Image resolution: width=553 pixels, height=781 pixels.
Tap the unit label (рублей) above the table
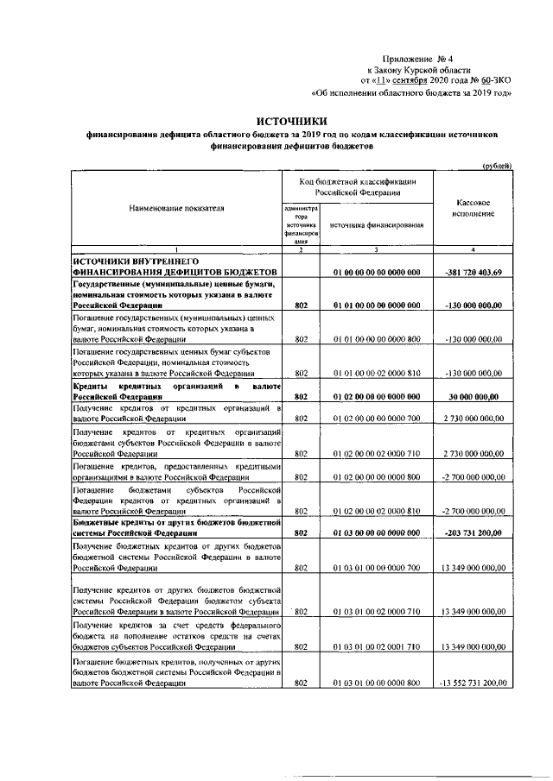pos(496,165)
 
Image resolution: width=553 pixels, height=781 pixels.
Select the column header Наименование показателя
pos(176,209)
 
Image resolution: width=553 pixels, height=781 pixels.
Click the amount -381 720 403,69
pos(473,273)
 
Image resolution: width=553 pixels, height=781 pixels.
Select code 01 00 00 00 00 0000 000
pos(377,273)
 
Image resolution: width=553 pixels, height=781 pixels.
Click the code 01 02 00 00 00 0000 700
pos(377,419)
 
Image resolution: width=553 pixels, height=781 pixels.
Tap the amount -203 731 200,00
pos(474,533)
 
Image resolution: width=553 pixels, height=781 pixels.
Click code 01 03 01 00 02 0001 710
pos(377,646)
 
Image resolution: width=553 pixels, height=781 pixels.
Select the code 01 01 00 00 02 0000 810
pos(377,374)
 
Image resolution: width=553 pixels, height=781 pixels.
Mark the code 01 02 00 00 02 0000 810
pos(377,511)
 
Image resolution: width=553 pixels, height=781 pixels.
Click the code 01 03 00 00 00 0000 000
pos(377,533)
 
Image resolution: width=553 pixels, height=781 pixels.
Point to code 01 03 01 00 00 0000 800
pos(377,683)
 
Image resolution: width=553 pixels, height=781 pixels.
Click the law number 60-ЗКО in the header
pos(494,79)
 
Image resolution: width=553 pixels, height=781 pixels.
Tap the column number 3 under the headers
pos(377,250)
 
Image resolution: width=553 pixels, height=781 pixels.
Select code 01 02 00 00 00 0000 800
pos(377,476)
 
